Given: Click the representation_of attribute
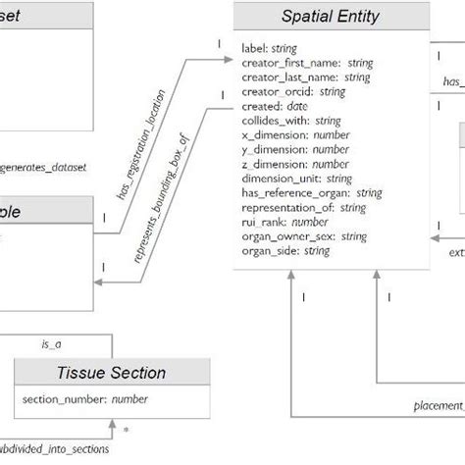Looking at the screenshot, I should [x=303, y=207].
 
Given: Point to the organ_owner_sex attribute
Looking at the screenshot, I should [x=303, y=236].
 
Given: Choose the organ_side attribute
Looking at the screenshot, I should [x=284, y=251].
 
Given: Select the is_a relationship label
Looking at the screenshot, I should [x=51, y=345].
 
